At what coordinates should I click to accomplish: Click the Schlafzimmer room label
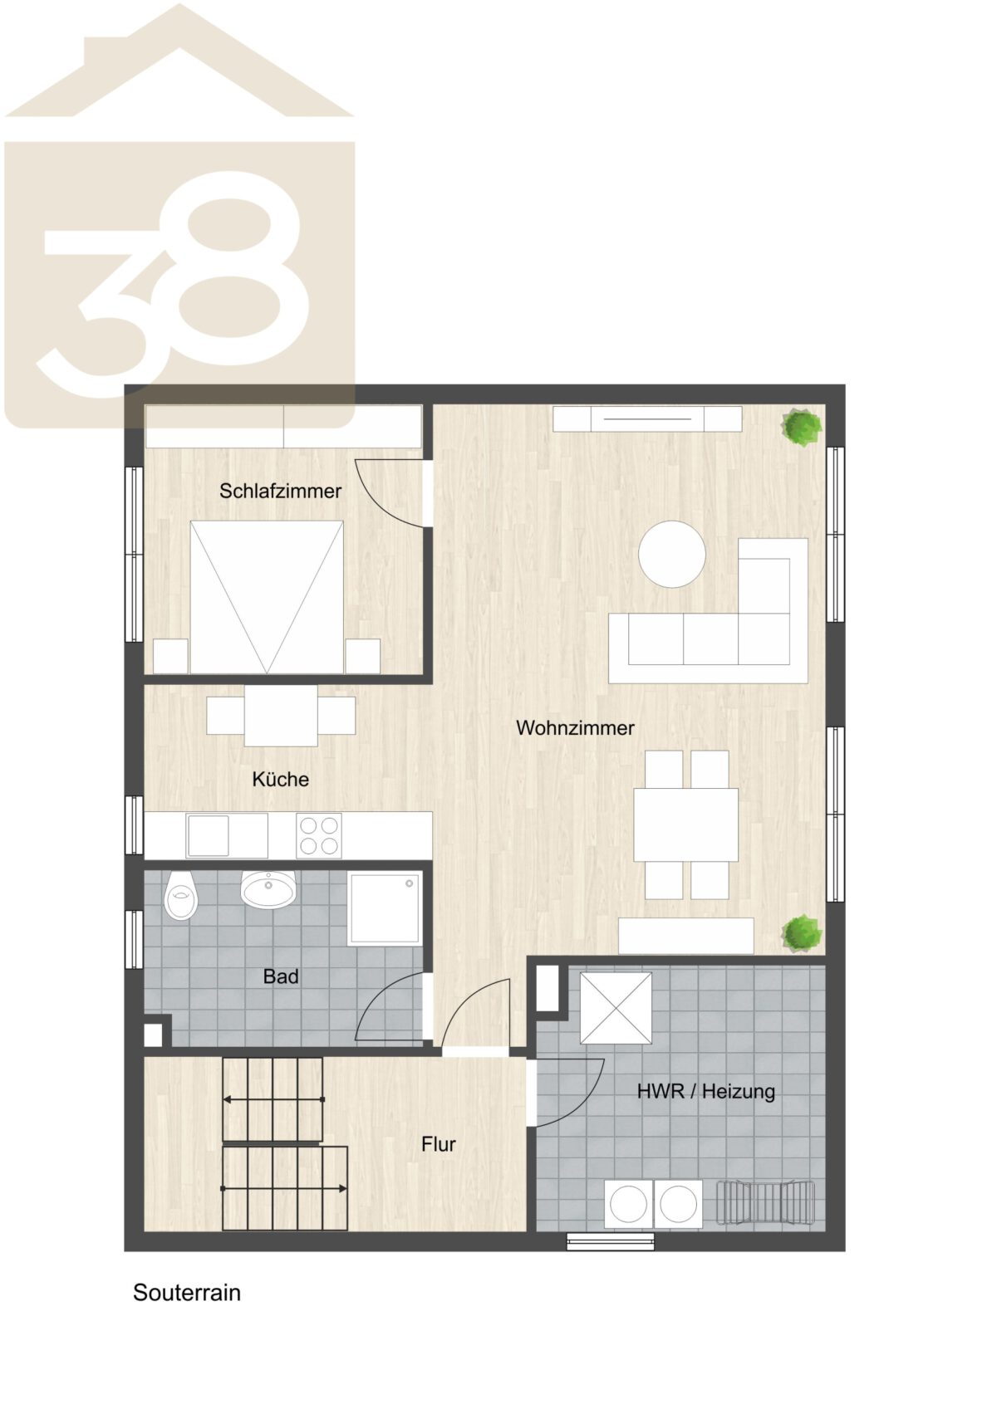click(280, 492)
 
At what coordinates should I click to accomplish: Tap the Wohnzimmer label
click(575, 728)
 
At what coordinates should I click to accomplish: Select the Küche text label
click(281, 780)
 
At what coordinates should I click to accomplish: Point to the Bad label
click(281, 976)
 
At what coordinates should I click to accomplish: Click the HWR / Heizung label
click(705, 1091)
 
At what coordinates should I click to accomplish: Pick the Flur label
click(439, 1144)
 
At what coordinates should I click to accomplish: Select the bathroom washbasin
click(268, 888)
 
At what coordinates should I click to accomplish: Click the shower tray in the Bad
click(385, 908)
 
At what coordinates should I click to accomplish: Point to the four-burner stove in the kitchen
click(318, 835)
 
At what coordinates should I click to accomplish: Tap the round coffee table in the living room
click(671, 554)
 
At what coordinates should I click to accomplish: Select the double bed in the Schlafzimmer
click(267, 597)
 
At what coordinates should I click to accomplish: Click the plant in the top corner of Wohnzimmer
click(802, 428)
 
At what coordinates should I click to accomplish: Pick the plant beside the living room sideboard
click(802, 933)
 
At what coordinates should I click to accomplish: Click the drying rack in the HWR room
click(766, 1203)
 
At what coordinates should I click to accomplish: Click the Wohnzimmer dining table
click(686, 824)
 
